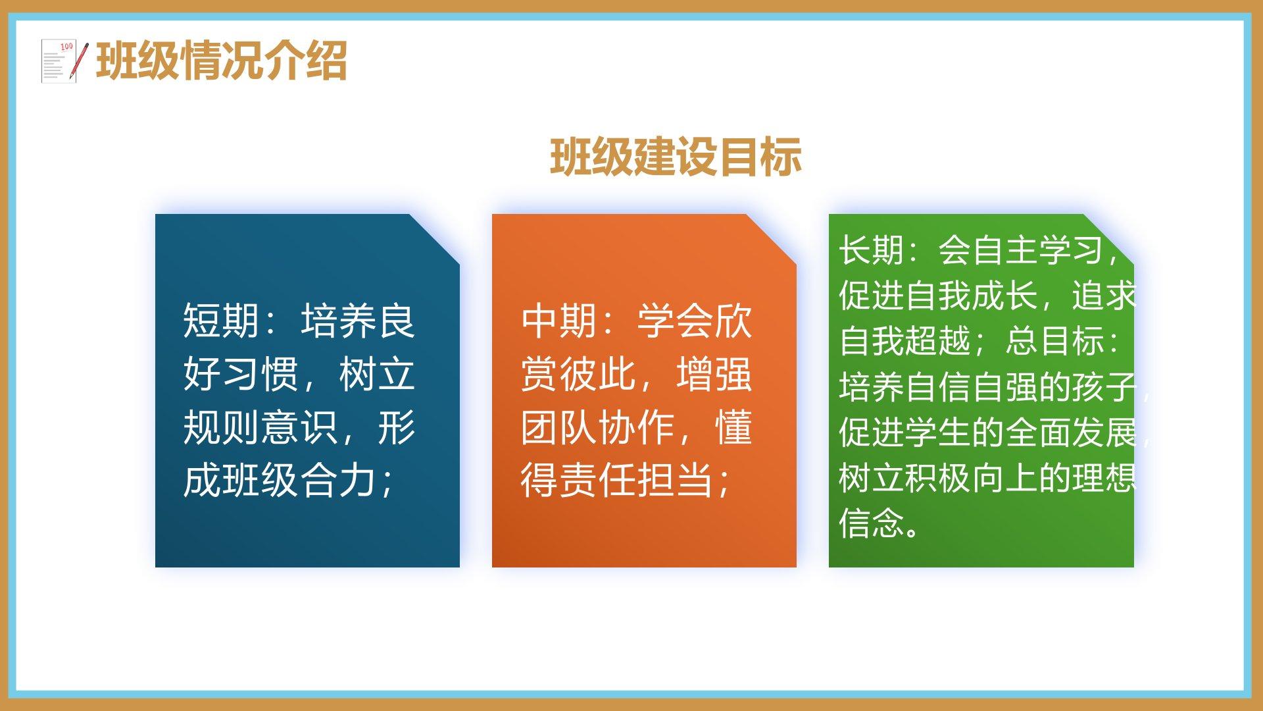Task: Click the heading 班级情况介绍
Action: (x=222, y=61)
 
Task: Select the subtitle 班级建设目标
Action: (x=676, y=157)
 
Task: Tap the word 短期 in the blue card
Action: (x=221, y=321)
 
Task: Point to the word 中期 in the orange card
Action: (x=559, y=321)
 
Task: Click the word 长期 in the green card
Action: (x=872, y=250)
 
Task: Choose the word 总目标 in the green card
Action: (x=1054, y=341)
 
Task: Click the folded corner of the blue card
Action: (x=434, y=239)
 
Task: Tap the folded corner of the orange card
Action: (x=771, y=239)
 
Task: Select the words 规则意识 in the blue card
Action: (x=260, y=428)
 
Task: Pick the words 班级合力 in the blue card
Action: (x=299, y=481)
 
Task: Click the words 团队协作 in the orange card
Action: (x=598, y=428)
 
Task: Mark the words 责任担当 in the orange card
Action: (x=636, y=481)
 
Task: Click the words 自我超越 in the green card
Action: (x=905, y=341)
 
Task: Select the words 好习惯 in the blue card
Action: (x=241, y=375)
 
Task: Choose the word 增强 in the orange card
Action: (x=714, y=375)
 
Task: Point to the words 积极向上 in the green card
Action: (x=972, y=477)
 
